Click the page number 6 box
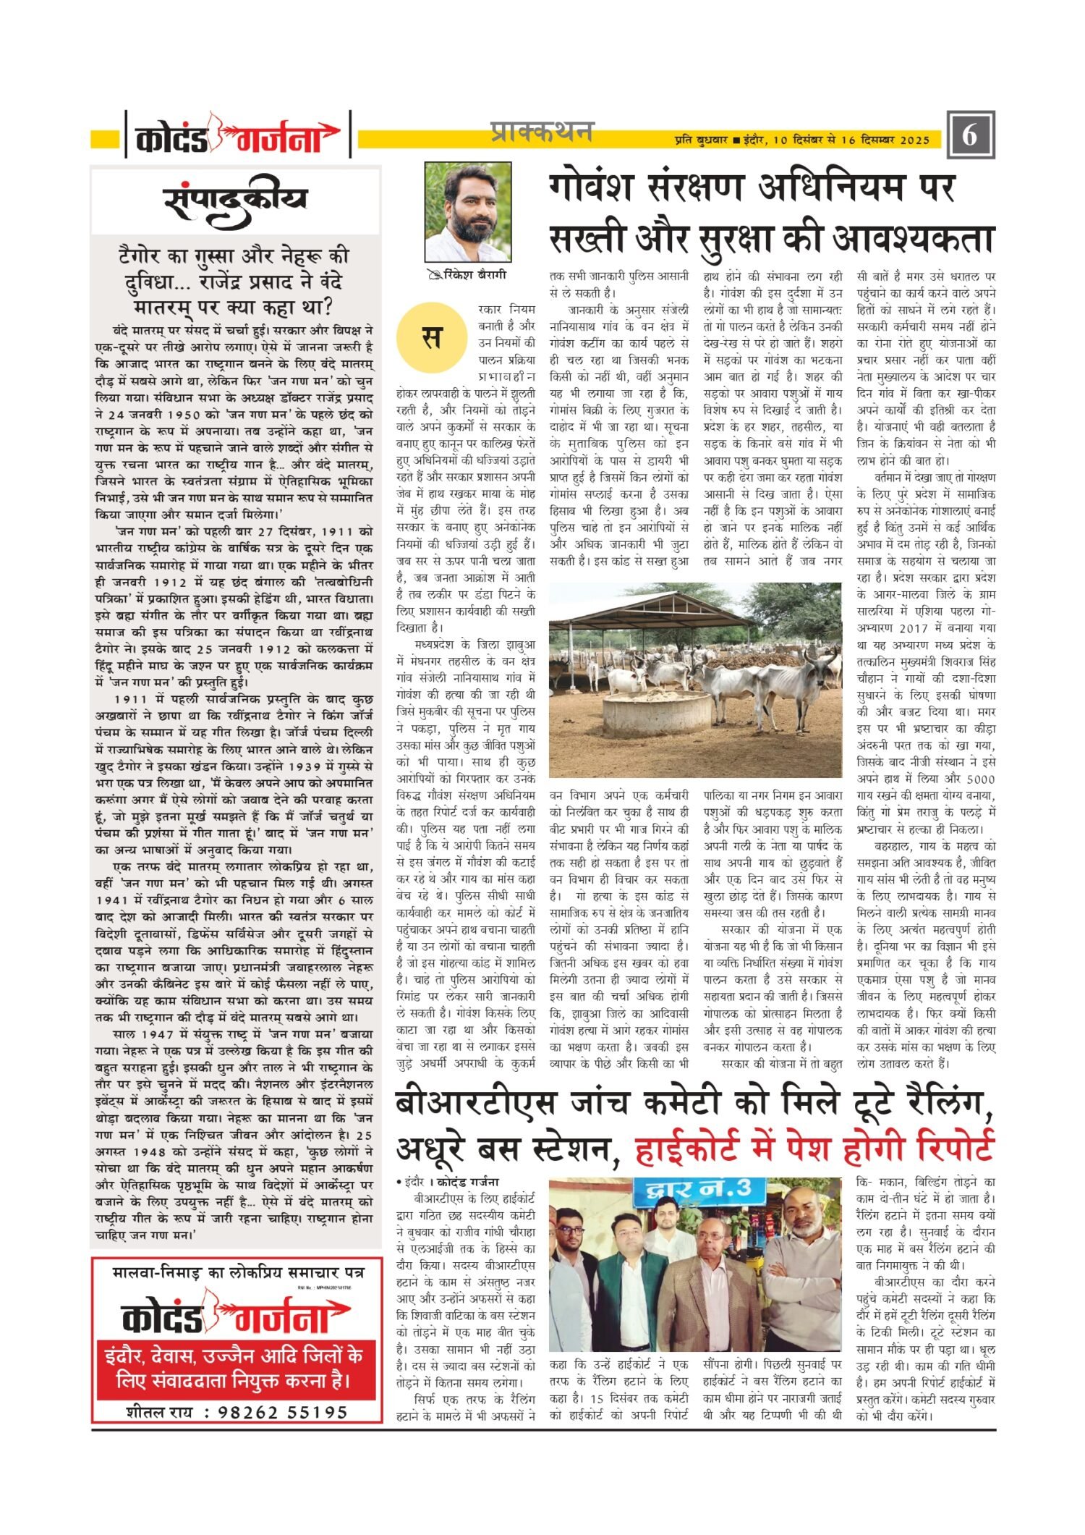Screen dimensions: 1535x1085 969,135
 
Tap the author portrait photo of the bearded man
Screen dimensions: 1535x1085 467,211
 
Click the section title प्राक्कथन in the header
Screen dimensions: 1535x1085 541,132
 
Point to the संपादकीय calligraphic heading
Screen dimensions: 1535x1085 236,202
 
